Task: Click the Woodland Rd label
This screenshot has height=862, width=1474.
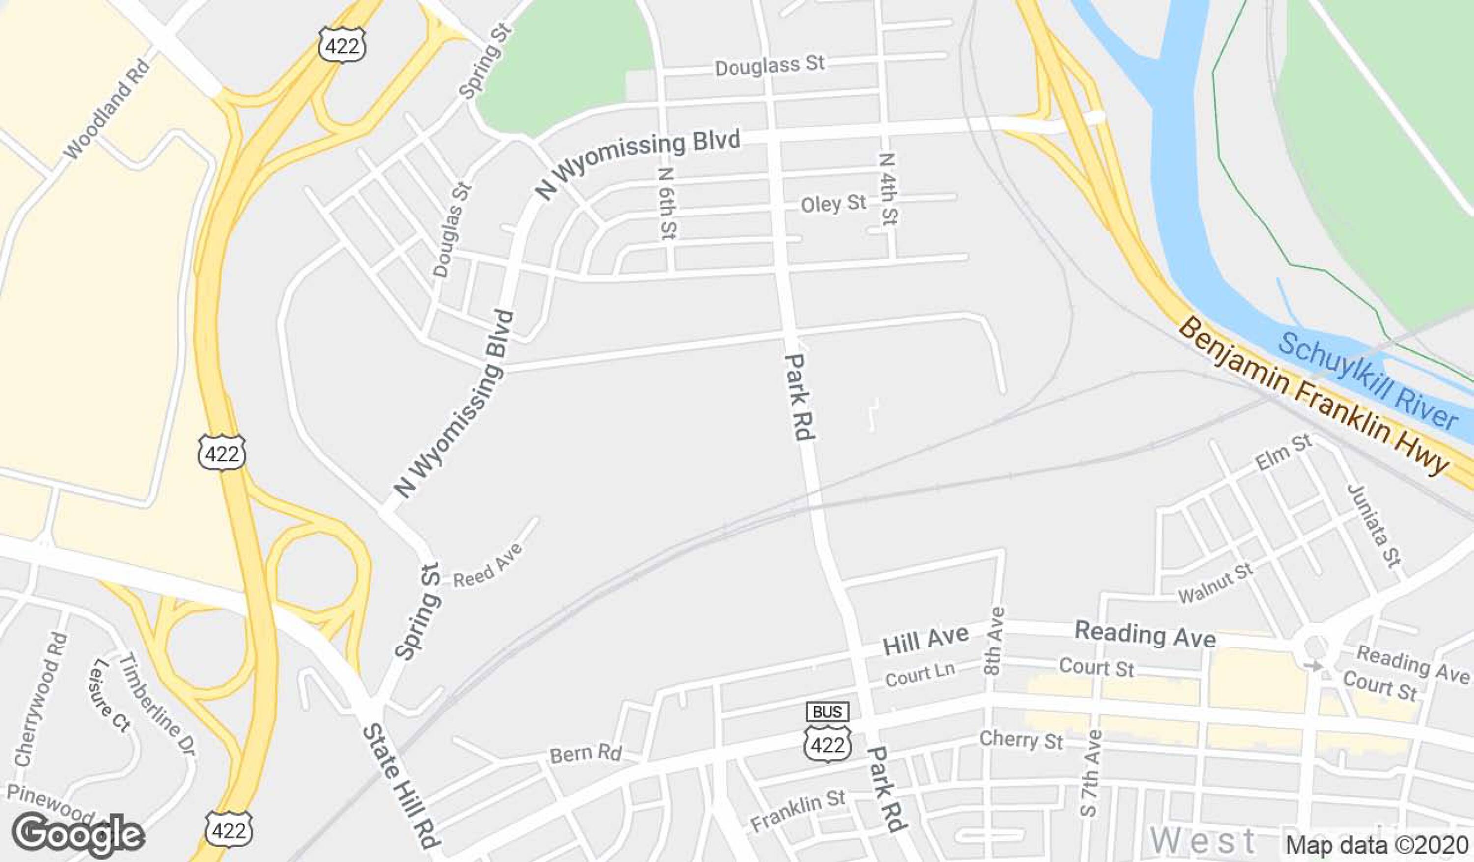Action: [x=107, y=110]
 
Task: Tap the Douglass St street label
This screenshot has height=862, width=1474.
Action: [x=770, y=65]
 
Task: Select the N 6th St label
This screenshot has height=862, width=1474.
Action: [x=667, y=203]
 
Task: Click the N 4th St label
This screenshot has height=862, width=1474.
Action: [x=887, y=189]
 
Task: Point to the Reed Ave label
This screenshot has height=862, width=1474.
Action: [x=488, y=565]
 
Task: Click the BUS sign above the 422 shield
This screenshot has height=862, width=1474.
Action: [x=827, y=712]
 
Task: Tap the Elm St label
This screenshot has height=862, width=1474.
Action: [x=1283, y=453]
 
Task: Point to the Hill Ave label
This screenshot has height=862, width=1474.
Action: [x=925, y=640]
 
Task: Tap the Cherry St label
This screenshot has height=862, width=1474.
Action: [x=1020, y=740]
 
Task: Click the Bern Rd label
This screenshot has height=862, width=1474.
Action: [x=585, y=753]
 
